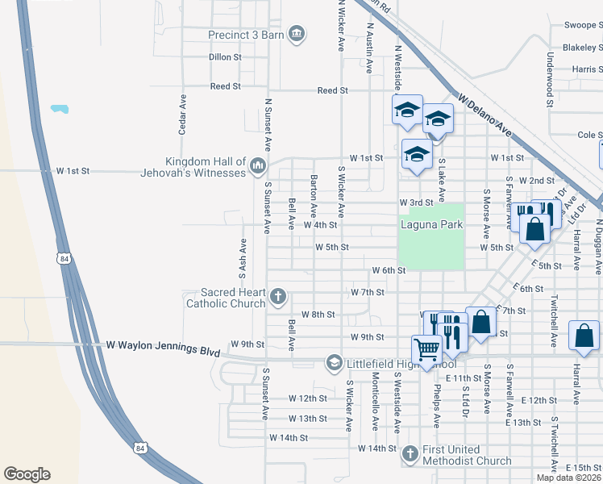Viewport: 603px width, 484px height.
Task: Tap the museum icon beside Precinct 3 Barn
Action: coord(297,33)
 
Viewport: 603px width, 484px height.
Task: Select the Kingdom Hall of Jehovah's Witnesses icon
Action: coord(258,166)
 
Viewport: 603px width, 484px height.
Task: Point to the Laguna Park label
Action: coord(431,224)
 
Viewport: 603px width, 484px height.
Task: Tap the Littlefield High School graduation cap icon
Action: coord(333,363)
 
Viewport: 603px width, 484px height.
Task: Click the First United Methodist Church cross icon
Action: coord(410,455)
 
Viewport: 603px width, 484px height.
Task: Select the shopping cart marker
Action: coord(426,349)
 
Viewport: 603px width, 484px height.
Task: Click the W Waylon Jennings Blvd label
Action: coord(164,344)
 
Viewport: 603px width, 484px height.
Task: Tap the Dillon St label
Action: coord(225,57)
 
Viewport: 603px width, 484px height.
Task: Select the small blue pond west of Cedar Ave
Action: coord(58,108)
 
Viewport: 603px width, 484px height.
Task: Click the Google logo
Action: coord(27,474)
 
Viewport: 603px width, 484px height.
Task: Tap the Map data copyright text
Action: coord(568,478)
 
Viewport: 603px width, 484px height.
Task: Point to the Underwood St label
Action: coord(549,79)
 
